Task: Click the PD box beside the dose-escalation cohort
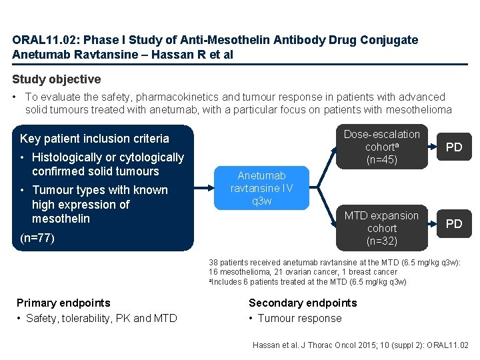pyautogui.click(x=453, y=147)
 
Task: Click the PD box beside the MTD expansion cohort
pyautogui.click(x=453, y=224)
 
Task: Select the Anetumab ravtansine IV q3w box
pyautogui.click(x=261, y=189)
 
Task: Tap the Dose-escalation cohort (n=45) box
pyautogui.click(x=382, y=147)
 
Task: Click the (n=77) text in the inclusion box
pyautogui.click(x=37, y=238)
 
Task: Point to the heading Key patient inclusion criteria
pyautogui.click(x=95, y=139)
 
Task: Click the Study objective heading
pyautogui.click(x=57, y=79)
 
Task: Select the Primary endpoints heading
pyautogui.click(x=63, y=303)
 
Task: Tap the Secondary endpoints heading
pyautogui.click(x=303, y=303)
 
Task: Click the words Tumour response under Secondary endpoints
pyautogui.click(x=299, y=318)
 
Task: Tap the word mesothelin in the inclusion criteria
pyautogui.click(x=60, y=219)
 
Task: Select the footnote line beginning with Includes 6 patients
pyautogui.click(x=307, y=282)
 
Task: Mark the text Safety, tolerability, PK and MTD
pyautogui.click(x=101, y=318)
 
